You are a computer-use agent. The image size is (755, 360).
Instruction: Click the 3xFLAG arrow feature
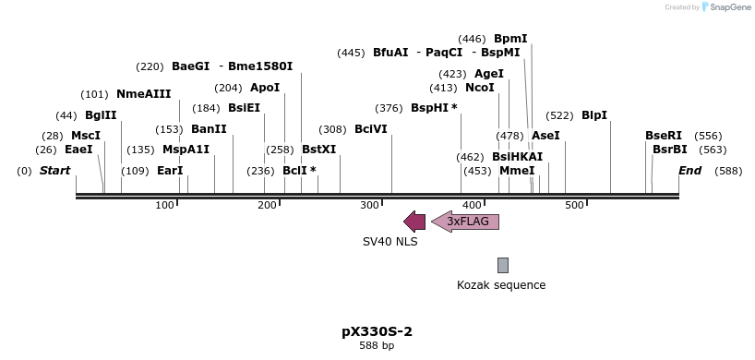click(x=466, y=222)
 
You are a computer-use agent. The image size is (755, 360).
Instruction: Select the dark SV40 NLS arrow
click(x=414, y=222)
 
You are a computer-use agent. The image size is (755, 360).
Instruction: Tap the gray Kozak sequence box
click(x=502, y=265)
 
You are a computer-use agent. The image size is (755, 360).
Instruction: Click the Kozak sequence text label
click(x=501, y=285)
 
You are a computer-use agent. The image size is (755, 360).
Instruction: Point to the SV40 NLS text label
click(x=389, y=242)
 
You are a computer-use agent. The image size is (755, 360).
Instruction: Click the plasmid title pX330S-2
click(x=377, y=331)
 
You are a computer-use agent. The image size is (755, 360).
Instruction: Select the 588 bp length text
click(x=377, y=346)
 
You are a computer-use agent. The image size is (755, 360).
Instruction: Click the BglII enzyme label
click(x=101, y=115)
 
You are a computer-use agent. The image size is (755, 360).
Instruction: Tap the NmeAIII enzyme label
click(x=143, y=94)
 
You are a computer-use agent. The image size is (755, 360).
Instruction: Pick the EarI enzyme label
click(x=170, y=171)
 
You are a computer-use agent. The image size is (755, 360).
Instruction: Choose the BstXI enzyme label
click(x=319, y=150)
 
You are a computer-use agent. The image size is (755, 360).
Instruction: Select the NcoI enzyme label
click(x=480, y=89)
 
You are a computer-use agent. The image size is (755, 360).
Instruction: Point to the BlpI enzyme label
click(x=594, y=115)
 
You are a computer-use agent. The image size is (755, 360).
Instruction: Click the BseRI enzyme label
click(x=664, y=136)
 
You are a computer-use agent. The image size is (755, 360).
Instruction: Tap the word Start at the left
click(x=54, y=171)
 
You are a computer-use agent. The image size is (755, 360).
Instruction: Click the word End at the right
click(x=689, y=171)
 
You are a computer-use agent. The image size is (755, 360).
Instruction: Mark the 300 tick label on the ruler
click(x=369, y=205)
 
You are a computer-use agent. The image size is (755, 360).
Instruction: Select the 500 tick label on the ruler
click(x=573, y=205)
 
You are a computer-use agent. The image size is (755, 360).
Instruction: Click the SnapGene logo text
click(x=729, y=7)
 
